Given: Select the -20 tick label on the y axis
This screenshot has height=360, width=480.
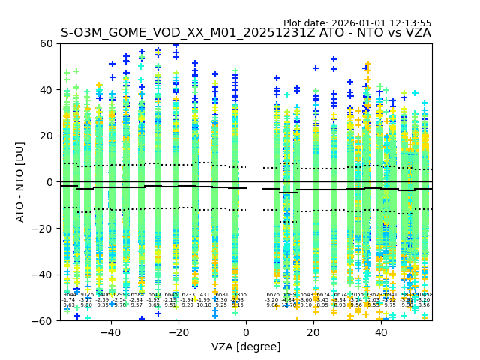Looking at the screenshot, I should (x=45, y=229).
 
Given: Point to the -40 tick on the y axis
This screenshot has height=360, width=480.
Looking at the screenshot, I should (x=45, y=274).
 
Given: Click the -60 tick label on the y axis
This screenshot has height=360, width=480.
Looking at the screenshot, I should (x=45, y=321).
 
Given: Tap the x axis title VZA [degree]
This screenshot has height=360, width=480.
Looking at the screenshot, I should (x=246, y=346).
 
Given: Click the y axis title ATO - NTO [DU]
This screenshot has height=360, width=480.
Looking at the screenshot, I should (x=20, y=182).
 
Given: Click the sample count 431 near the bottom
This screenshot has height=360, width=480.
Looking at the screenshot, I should (x=205, y=295).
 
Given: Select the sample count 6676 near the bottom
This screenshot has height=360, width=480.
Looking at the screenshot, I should (x=273, y=295).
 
